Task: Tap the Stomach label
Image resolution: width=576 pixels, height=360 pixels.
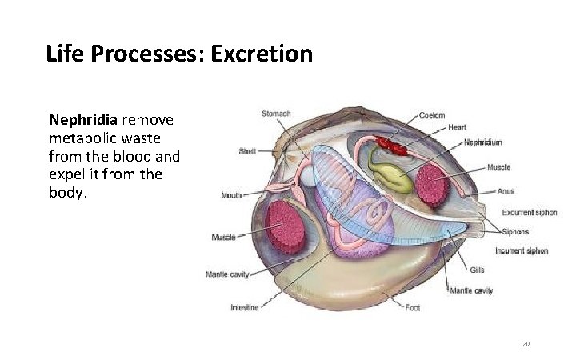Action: (276, 114)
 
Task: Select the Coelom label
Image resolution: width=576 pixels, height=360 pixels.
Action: (432, 115)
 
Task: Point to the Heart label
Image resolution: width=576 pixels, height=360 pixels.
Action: (457, 127)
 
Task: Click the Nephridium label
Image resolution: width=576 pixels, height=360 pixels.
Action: (483, 142)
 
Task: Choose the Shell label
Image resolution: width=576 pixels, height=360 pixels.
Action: (247, 151)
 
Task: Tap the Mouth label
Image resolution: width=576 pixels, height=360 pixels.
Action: (232, 194)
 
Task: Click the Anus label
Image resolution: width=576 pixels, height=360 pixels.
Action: (506, 191)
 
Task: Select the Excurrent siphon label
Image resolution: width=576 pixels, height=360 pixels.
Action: (530, 213)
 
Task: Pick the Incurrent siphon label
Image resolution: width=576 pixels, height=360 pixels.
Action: (522, 251)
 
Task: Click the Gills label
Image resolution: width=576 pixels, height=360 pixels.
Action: (478, 270)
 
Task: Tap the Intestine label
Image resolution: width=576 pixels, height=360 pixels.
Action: (244, 308)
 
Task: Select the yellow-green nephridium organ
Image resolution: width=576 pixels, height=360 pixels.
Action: (391, 178)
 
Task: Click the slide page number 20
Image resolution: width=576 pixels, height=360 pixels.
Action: (526, 344)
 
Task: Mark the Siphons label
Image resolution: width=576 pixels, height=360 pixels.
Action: (516, 232)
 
